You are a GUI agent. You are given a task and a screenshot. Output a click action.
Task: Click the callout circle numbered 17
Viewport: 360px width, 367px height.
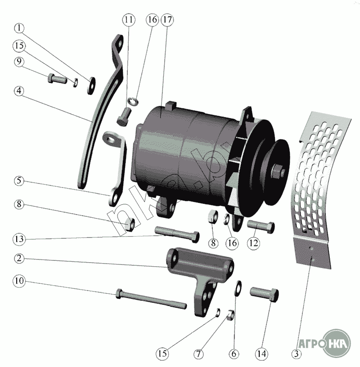coord(167,20)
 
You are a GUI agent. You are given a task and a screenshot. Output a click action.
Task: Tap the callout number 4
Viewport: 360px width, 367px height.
coord(19,91)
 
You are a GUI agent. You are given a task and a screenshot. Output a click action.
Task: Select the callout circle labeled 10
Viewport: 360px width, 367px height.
coord(19,281)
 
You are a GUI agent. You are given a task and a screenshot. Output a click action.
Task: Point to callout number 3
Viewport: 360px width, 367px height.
coord(296,354)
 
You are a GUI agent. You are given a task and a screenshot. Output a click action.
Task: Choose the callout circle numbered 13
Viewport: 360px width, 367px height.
coord(19,239)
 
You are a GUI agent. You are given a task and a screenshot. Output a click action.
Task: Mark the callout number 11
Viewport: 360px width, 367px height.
coord(129,20)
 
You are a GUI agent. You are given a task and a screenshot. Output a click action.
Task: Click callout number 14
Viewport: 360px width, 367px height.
coord(261,354)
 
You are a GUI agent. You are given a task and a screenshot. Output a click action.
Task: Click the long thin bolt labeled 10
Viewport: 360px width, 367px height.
coord(151,300)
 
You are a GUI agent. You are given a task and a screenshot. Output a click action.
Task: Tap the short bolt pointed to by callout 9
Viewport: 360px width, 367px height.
coord(57,79)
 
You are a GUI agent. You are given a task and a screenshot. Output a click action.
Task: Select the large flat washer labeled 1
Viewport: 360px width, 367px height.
coord(91,85)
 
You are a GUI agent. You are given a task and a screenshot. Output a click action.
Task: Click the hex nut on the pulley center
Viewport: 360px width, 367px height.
coord(278,170)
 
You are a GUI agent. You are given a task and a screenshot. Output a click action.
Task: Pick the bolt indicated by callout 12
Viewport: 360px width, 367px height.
coord(261,226)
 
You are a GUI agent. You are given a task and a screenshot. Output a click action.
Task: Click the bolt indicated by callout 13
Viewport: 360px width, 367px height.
coord(177,234)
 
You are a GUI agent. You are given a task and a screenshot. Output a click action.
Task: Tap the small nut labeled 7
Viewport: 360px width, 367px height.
coord(231,315)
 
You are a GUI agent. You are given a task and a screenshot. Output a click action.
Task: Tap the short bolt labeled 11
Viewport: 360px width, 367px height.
coord(124,116)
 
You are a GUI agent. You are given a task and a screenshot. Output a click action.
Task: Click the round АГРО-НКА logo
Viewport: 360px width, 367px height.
coord(336,343)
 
